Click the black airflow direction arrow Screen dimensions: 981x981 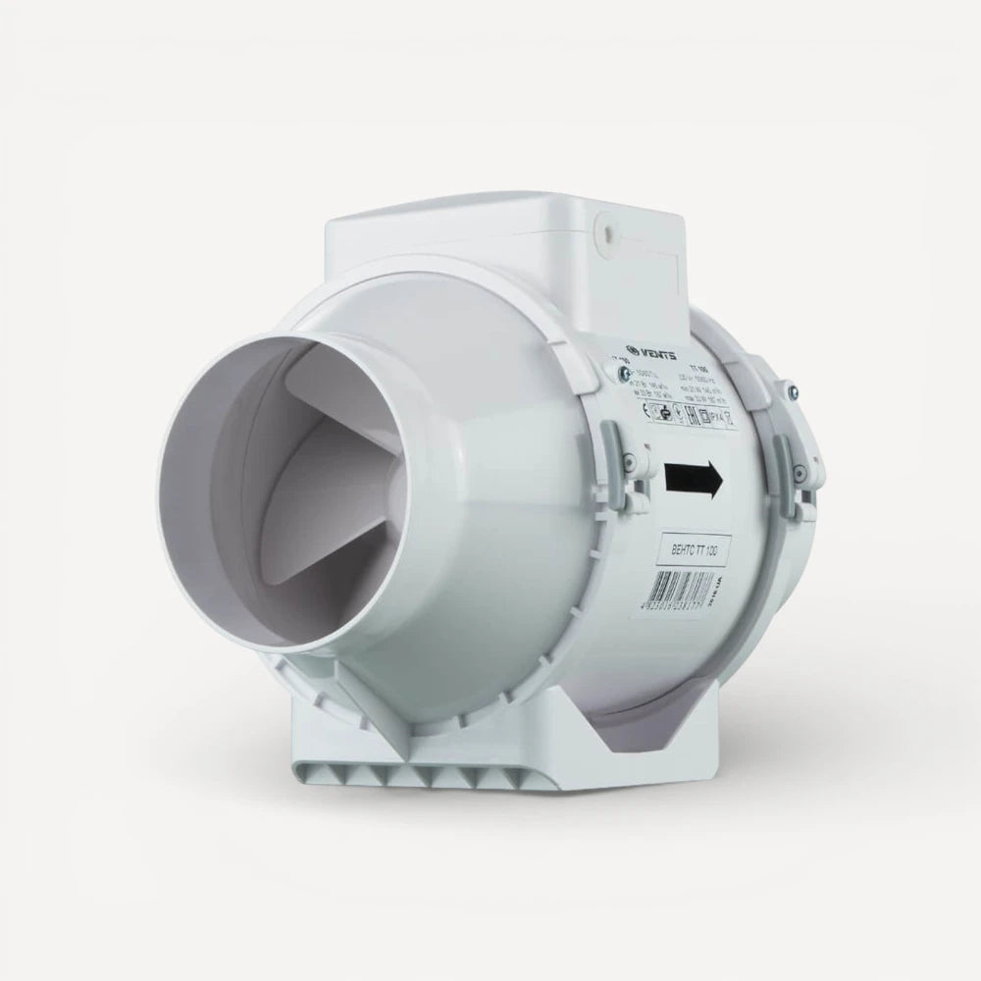[694, 481]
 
